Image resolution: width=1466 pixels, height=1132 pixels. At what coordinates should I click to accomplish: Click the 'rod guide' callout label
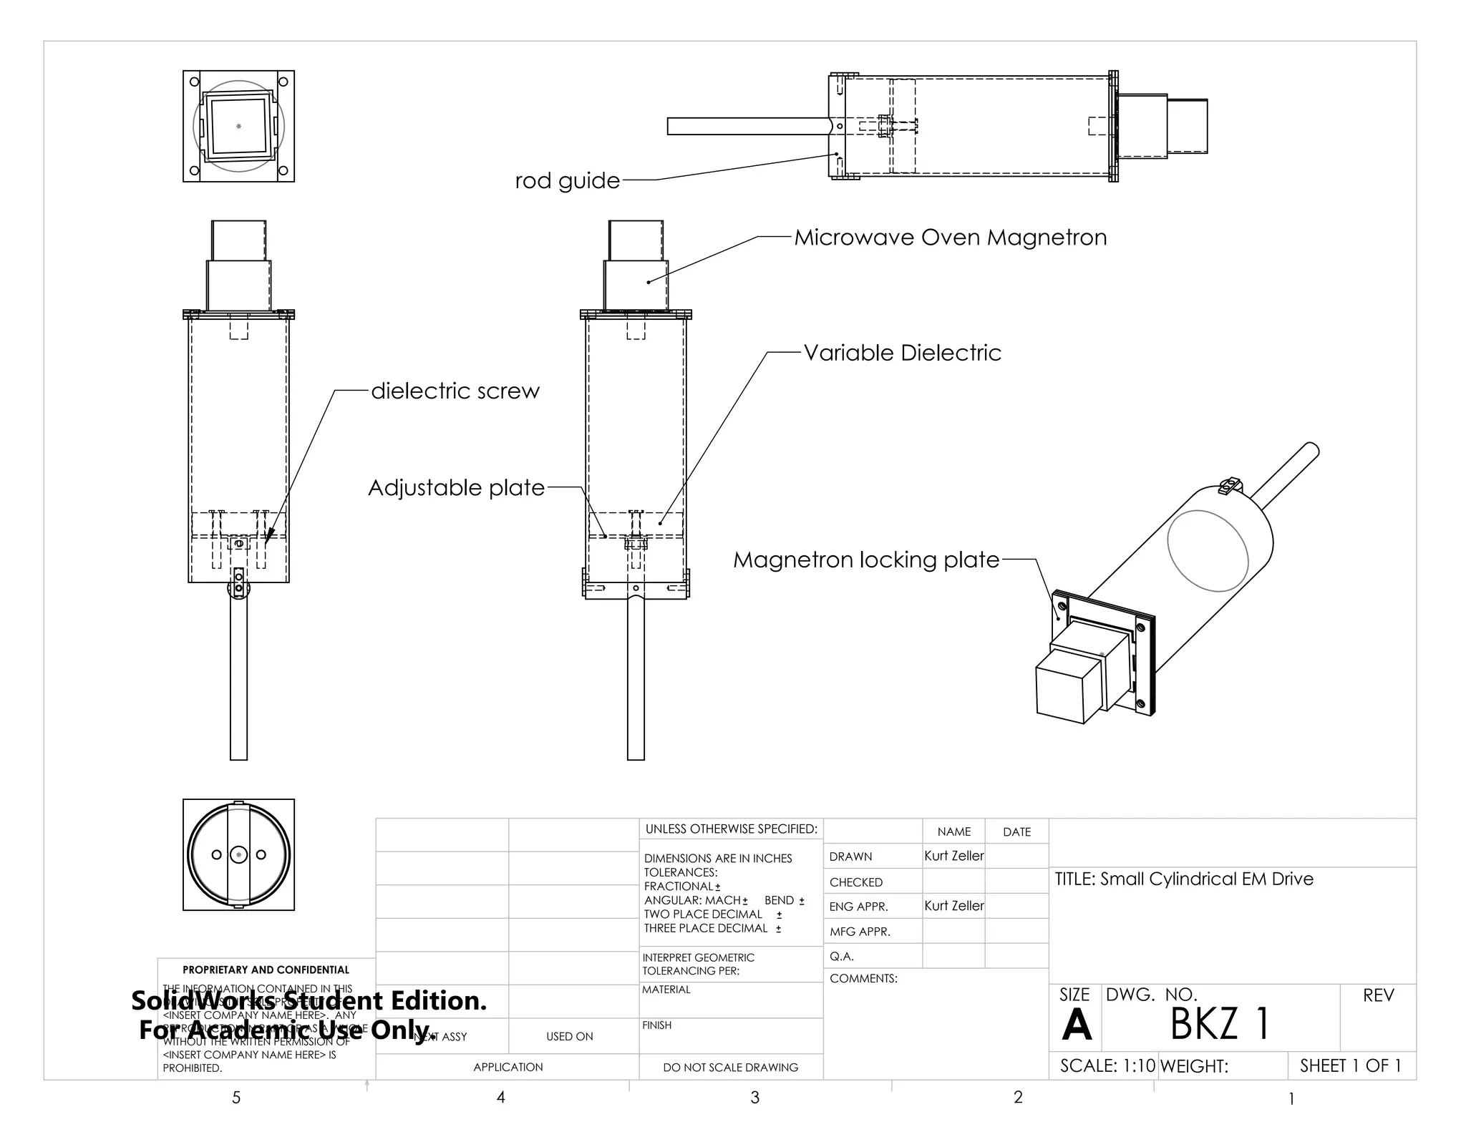point(567,180)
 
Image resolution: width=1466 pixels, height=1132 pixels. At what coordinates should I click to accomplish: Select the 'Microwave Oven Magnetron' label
point(950,238)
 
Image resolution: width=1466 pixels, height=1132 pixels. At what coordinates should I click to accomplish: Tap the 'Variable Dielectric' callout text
point(902,353)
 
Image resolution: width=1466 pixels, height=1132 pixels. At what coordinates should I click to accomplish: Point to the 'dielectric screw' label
point(455,391)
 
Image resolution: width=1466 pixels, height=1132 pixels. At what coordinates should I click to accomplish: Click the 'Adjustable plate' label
point(456,488)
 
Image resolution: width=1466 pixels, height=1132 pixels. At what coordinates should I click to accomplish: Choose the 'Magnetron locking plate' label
point(865,560)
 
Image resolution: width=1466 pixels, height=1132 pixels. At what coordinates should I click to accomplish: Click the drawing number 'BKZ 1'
point(1219,1023)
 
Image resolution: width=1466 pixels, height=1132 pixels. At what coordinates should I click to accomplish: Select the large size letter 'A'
point(1076,1026)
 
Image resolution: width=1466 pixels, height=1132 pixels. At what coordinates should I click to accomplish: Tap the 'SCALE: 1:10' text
point(1107,1065)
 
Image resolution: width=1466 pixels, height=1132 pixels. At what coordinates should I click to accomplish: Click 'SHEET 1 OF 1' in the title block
point(1350,1065)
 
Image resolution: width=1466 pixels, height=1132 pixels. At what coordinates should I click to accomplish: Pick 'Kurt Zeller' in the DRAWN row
point(953,856)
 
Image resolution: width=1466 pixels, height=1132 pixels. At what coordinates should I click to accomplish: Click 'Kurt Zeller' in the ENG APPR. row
point(953,906)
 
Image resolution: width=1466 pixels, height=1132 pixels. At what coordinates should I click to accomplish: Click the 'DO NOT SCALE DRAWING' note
point(730,1067)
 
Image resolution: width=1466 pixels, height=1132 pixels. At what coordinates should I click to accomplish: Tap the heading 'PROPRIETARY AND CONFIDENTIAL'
point(266,970)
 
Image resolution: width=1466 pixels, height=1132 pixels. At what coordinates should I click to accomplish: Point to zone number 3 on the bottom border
point(754,1098)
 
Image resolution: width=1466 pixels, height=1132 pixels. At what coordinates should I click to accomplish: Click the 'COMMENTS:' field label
point(863,978)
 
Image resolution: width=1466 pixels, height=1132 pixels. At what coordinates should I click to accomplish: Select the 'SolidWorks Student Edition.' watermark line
point(309,1000)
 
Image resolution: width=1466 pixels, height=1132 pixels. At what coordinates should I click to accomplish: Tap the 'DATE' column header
point(1016,831)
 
